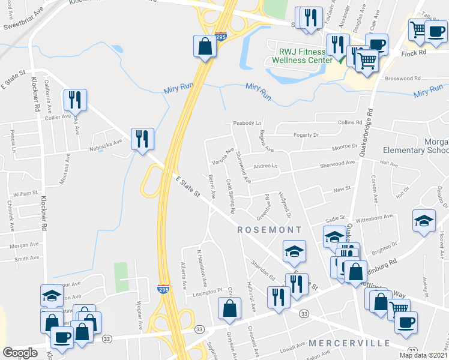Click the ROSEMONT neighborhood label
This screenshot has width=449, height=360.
(270, 230)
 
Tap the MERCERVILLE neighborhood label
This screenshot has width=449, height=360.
(349, 343)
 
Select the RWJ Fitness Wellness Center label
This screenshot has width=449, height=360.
(301, 56)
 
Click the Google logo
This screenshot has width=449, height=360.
(20, 353)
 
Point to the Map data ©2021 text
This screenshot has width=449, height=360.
(423, 355)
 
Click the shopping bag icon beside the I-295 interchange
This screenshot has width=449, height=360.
(205, 46)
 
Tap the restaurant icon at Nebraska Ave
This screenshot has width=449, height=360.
(142, 139)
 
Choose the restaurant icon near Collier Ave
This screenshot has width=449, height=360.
(76, 100)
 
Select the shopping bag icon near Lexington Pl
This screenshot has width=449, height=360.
(229, 308)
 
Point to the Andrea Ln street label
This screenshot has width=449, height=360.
(266, 166)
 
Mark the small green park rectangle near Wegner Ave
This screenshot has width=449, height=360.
(122, 277)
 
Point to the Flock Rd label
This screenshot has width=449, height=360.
(414, 52)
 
